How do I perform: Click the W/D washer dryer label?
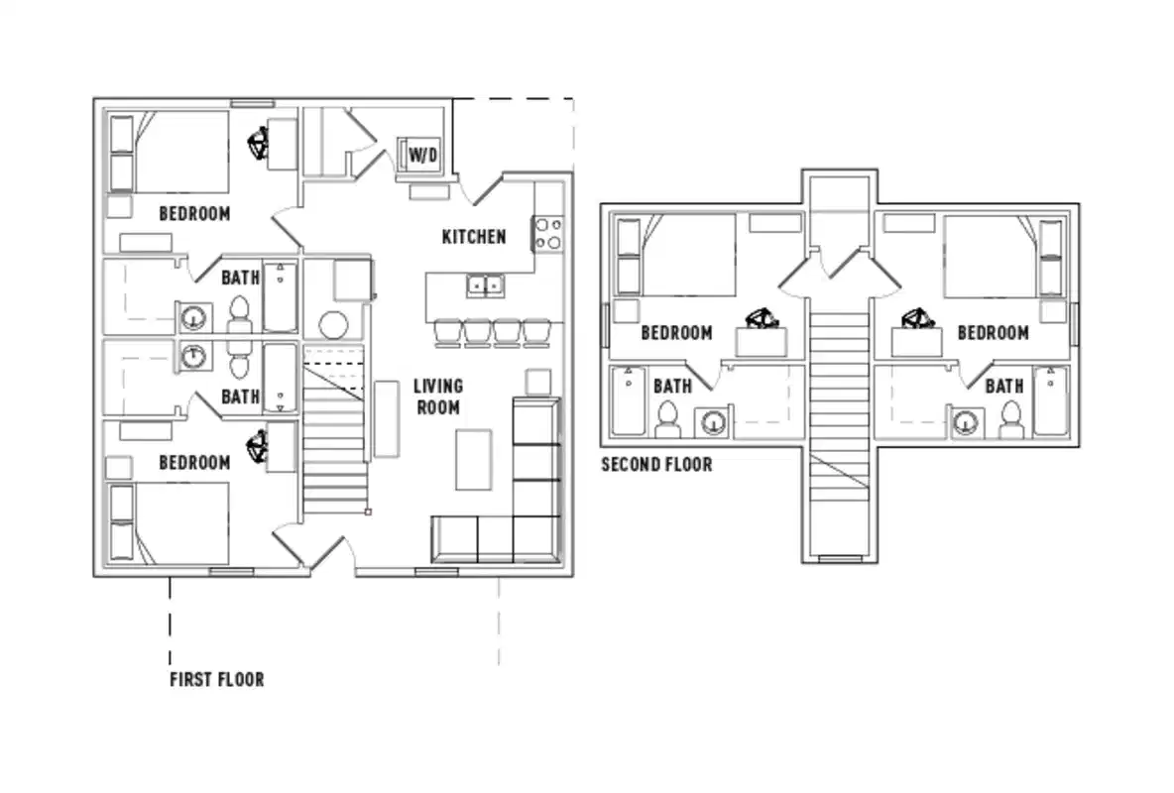[422, 155]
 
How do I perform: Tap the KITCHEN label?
[473, 237]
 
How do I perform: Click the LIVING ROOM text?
[437, 396]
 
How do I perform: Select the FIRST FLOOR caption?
[216, 680]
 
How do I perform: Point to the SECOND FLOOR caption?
[656, 464]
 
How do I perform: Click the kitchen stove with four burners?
[548, 233]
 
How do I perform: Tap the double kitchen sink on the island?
[486, 285]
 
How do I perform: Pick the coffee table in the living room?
[474, 460]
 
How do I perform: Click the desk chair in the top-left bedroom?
[260, 145]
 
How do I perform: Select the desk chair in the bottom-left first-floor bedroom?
[259, 447]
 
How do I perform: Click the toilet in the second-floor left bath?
[666, 420]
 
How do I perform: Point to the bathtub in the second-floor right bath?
[1051, 400]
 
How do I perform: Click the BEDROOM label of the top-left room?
[194, 213]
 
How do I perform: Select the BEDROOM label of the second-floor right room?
[993, 333]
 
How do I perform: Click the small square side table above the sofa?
[537, 382]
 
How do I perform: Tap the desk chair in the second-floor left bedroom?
[761, 319]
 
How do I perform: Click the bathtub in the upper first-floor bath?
[280, 296]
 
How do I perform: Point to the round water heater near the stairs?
[333, 325]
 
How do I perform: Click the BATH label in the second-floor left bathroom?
[672, 387]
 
